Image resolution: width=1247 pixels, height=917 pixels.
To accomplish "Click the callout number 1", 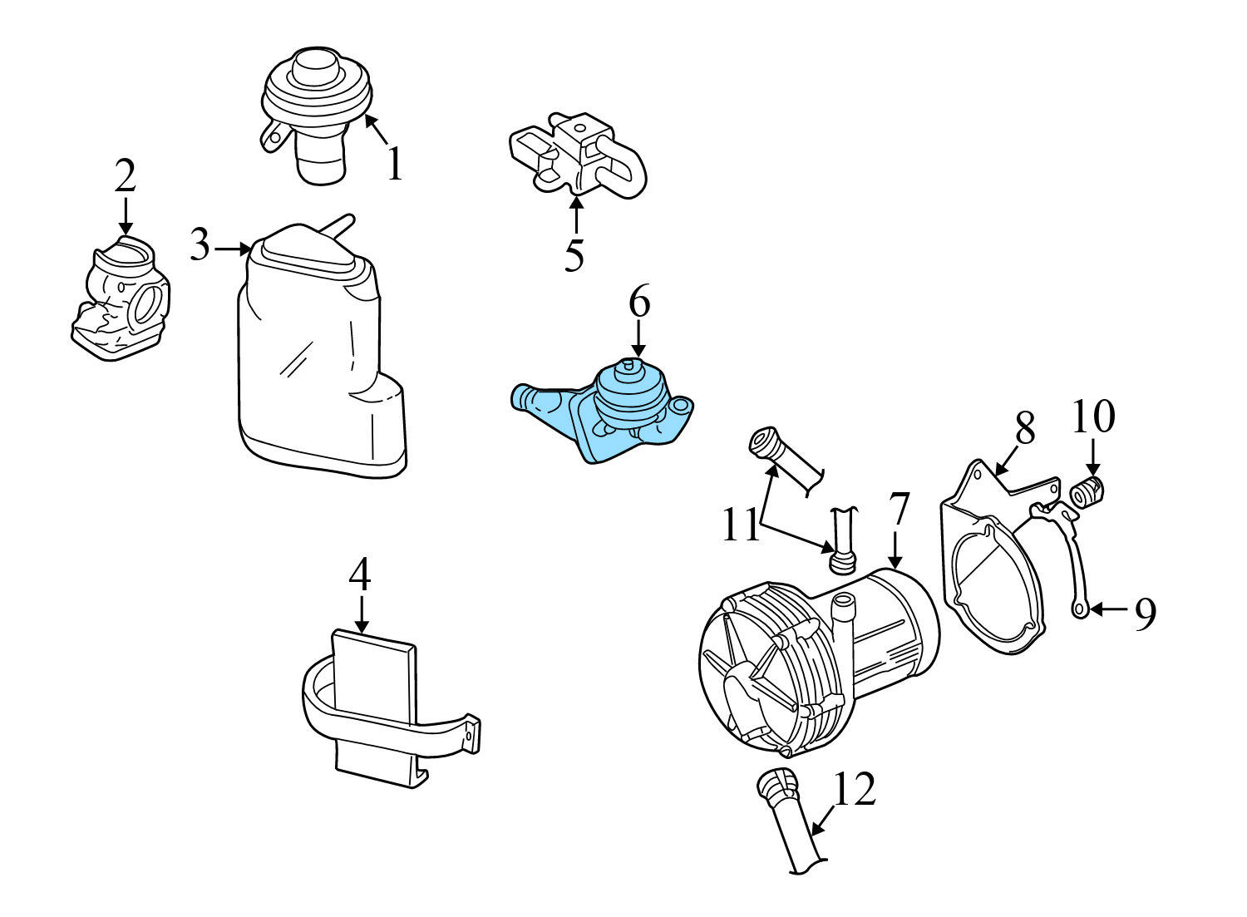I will pos(394,164).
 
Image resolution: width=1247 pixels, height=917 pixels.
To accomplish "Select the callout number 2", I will pos(125,176).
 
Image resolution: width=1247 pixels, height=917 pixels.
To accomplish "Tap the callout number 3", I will pos(200,246).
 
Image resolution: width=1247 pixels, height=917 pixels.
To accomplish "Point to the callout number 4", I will pos(360,574).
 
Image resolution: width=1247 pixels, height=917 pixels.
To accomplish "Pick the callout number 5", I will pos(574,254).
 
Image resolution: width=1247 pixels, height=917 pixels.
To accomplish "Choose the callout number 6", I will pos(638,303).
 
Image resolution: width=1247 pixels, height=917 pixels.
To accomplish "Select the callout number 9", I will pos(1145,614).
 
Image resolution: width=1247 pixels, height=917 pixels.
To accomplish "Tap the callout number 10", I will pos(1092,417).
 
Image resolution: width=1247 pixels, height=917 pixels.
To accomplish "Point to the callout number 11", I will pos(740,526).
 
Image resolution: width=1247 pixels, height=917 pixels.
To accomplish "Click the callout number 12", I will pos(854,790).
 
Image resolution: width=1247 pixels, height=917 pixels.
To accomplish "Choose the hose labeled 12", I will pos(790,823).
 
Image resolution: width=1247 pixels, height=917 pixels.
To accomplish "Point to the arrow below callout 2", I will pos(125,218).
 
